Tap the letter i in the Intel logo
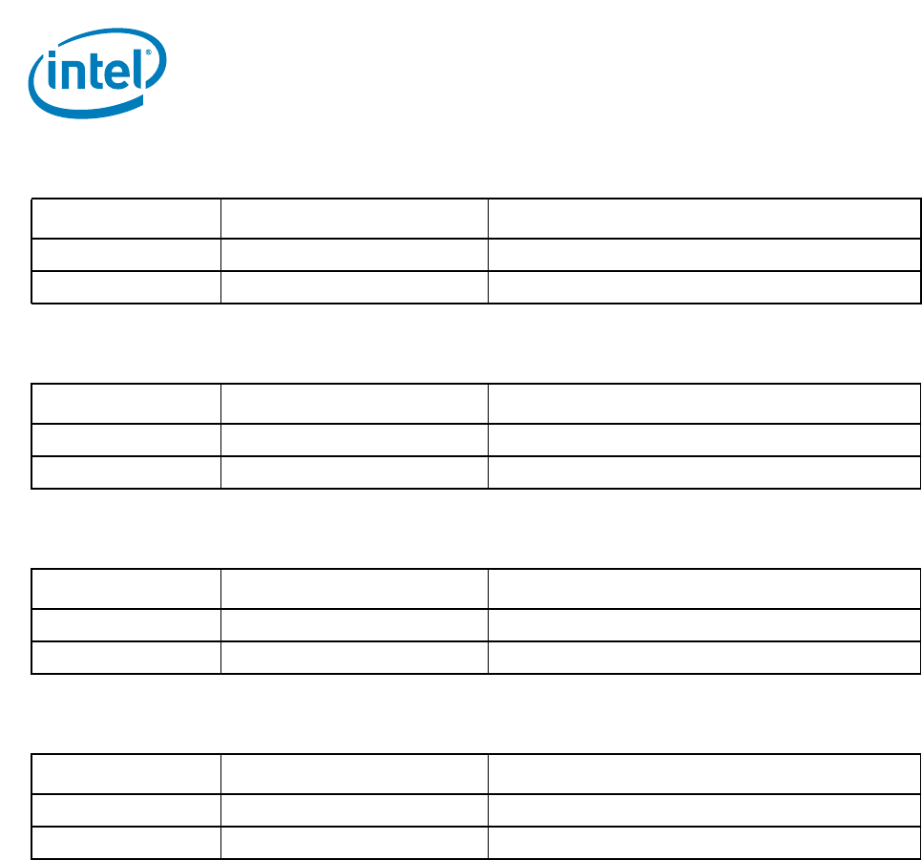[55, 73]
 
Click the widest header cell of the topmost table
[704, 219]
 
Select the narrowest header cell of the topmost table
[126, 219]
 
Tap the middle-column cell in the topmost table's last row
[354, 287]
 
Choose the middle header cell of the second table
[354, 404]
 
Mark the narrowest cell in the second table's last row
[126, 472]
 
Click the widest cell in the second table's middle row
[704, 440]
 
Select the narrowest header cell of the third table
[126, 589]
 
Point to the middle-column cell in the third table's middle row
[354, 625]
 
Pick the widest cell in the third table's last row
[704, 658]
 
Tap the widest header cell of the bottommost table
[704, 774]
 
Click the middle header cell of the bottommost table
[354, 774]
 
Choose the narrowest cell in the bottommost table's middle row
[126, 810]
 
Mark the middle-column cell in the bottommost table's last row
[354, 843]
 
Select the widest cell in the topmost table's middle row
[704, 255]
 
